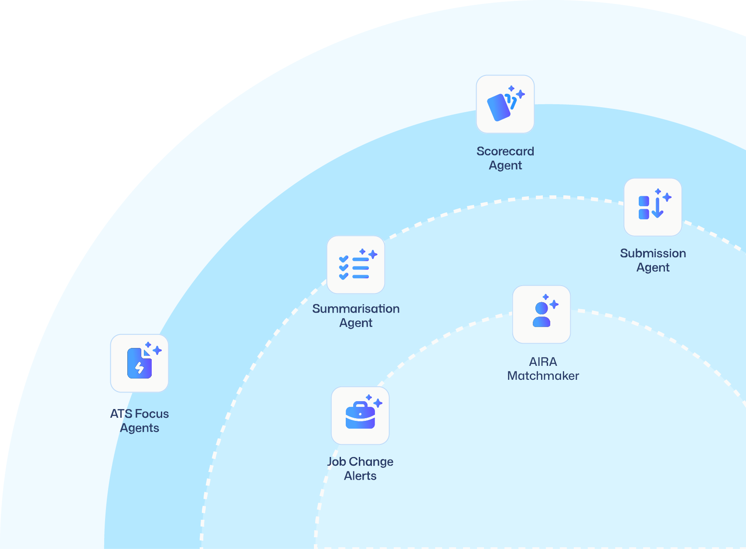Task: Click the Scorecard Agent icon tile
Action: [505, 104]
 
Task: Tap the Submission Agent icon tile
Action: [653, 207]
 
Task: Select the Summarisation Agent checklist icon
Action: [355, 265]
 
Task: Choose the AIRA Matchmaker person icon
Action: [542, 314]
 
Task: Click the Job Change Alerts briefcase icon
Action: [360, 416]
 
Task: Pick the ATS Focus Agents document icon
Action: [140, 363]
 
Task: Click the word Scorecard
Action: [505, 151]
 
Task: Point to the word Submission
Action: [653, 253]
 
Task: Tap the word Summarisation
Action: [356, 309]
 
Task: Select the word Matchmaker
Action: [543, 376]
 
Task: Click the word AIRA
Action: [543, 362]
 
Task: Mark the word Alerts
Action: [360, 476]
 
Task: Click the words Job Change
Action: [360, 462]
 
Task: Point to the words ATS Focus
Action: [140, 414]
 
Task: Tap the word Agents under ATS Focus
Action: [140, 428]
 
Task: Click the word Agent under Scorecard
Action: [505, 166]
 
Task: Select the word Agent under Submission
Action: [653, 267]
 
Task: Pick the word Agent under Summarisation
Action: [356, 323]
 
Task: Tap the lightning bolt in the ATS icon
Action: [140, 368]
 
